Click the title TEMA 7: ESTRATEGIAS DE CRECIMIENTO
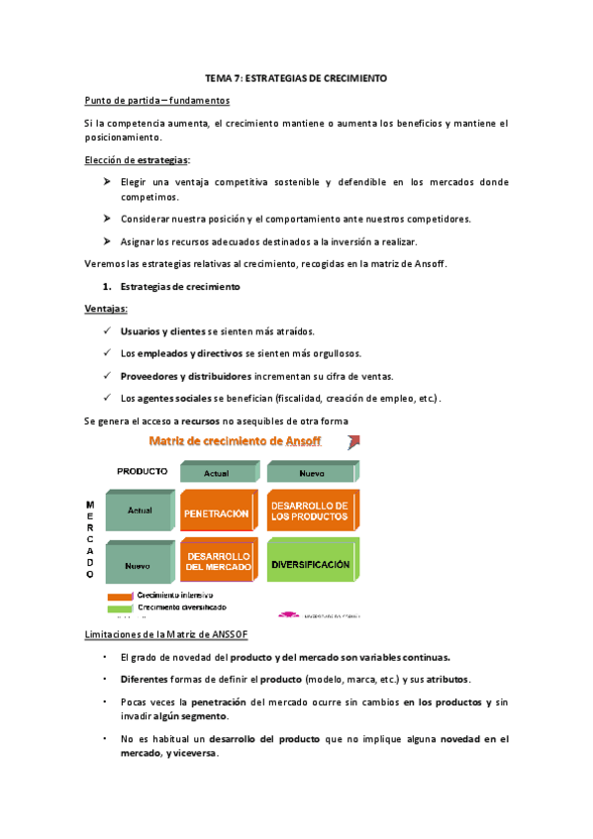click(x=296, y=77)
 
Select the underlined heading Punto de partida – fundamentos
click(x=157, y=100)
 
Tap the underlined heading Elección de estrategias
click(x=138, y=159)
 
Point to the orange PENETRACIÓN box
click(x=216, y=514)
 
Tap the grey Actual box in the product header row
click(x=216, y=473)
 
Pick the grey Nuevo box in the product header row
click(x=312, y=473)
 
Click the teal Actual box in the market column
click(x=139, y=512)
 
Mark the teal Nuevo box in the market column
click(x=139, y=566)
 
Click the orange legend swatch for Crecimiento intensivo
click(x=120, y=596)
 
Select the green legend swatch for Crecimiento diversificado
click(x=120, y=607)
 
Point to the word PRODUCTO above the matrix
click(x=143, y=471)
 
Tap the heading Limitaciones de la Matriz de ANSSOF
click(x=161, y=633)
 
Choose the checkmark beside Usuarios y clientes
click(x=105, y=330)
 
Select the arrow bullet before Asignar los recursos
click(x=106, y=241)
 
